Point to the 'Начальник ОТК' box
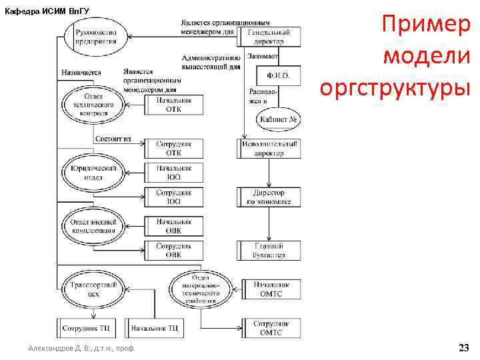173,105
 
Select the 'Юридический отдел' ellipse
93,173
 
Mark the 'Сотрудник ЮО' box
173,197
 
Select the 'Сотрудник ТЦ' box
86,328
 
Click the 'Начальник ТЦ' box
154,328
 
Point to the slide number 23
463,348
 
